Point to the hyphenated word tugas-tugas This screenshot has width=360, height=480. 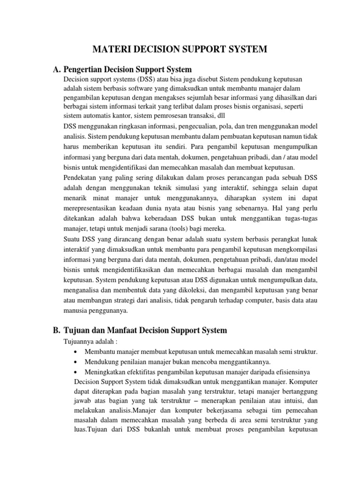click(300, 218)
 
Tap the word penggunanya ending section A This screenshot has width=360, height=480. click(107, 310)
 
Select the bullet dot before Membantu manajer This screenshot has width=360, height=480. click(76, 352)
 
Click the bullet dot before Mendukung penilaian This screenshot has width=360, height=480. click(76, 362)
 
